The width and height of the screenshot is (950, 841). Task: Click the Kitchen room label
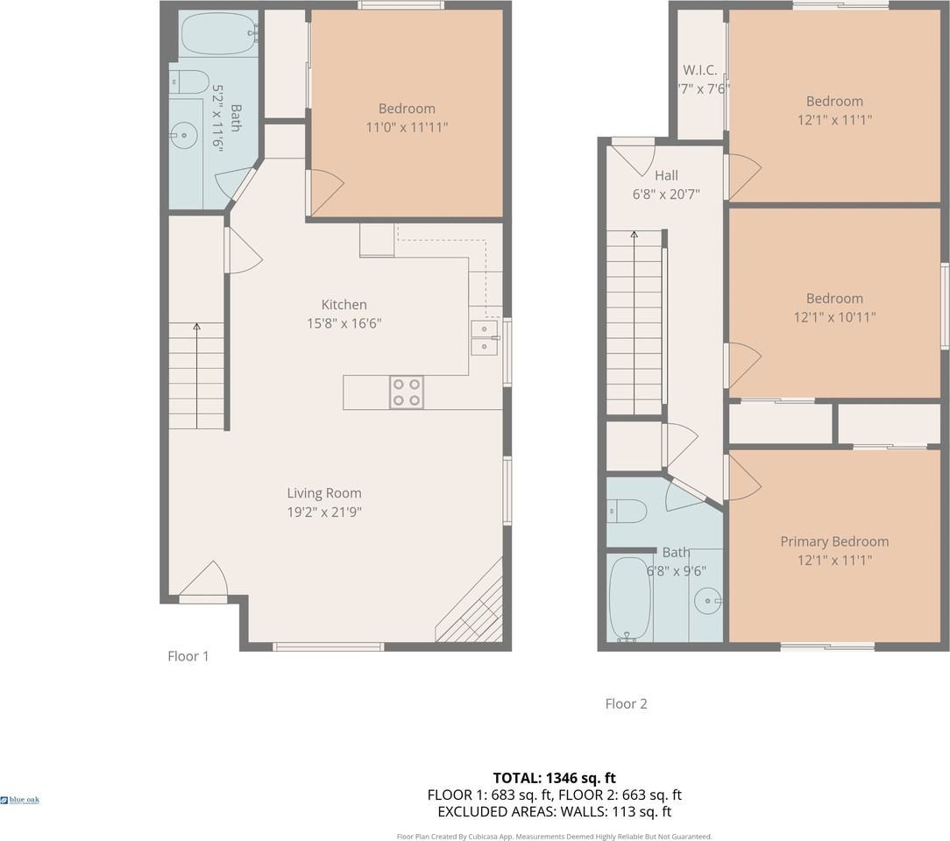coord(344,305)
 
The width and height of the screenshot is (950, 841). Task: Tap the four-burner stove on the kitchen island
coord(407,392)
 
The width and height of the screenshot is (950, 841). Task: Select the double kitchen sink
coord(483,337)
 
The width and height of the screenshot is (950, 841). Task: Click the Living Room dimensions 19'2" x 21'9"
coord(324,512)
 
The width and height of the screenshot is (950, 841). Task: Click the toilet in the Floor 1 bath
coord(189,81)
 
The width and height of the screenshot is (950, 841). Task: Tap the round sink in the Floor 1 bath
coord(183,135)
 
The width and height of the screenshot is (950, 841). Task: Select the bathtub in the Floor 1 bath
coord(218,33)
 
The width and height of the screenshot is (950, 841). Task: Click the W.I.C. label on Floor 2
coord(700,70)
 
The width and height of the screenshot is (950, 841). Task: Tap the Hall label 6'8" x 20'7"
coord(666,185)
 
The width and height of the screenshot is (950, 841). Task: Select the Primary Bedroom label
coord(834,541)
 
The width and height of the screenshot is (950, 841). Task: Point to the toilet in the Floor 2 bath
coord(627,510)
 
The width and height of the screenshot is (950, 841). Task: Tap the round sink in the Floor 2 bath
coord(707,600)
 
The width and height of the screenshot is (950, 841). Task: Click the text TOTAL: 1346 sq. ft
coord(554,777)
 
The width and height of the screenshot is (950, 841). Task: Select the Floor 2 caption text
coord(626,703)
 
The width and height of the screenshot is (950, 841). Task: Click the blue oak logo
coord(20,800)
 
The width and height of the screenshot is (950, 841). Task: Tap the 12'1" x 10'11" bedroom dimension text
coord(834,317)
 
